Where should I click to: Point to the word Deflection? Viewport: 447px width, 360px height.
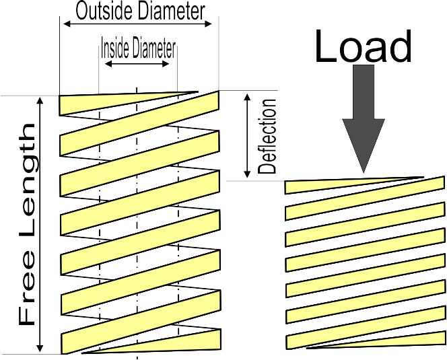[268, 137]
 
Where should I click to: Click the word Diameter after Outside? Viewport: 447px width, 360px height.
[170, 11]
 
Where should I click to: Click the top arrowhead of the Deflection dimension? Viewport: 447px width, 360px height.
[247, 96]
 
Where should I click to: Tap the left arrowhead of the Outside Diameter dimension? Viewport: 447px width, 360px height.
[66, 24]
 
